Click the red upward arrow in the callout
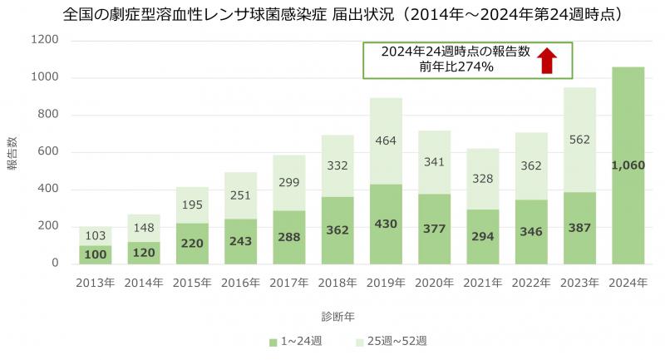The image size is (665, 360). (x=546, y=60)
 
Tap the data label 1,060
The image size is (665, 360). (x=628, y=165)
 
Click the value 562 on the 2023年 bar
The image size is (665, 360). (x=579, y=141)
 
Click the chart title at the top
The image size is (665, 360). (x=332, y=15)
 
